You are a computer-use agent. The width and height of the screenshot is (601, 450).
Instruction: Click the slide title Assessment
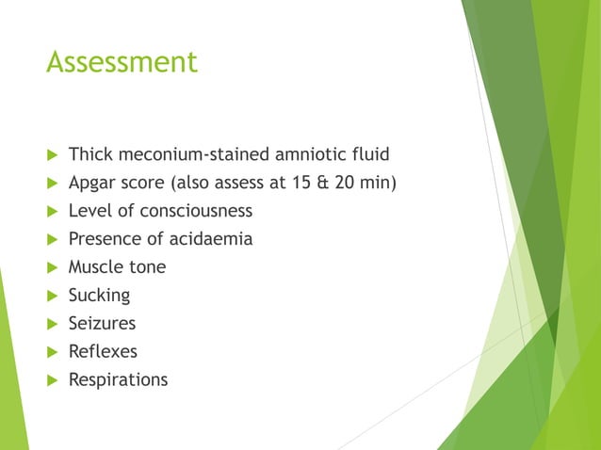122,62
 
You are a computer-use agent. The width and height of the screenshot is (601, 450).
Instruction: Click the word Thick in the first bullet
89,154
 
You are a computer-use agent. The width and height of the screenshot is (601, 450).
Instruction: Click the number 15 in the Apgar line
300,183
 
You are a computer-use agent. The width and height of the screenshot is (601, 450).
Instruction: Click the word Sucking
99,296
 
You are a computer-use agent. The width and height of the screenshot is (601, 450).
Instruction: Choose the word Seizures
102,324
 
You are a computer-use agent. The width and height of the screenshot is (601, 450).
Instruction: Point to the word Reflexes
103,352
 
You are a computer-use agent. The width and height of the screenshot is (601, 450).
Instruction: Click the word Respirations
118,380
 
